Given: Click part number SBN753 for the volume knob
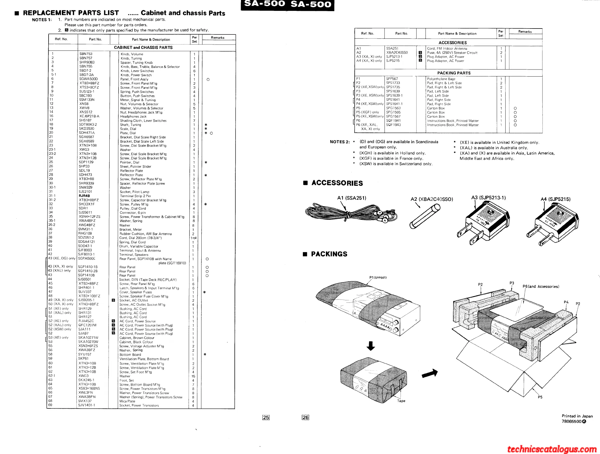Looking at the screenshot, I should coord(86,54).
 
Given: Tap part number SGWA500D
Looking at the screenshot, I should coord(88,79).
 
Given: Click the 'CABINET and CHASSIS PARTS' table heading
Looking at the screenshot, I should coord(143,48).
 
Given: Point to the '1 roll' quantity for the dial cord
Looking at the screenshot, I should coord(194,238).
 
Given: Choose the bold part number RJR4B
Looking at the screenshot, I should coord(84,196).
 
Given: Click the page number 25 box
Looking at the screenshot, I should coord(266,417).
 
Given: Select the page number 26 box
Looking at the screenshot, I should coord(305,417).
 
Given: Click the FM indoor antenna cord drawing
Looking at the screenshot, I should coord(350,213).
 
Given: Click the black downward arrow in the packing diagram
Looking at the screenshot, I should coord(370,346).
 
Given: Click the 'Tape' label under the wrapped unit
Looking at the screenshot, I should coord(401,401).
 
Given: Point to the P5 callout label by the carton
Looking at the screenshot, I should coord(540,397).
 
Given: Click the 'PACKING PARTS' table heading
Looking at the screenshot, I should coord(454,73).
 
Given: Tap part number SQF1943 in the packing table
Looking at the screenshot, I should coord(393,125).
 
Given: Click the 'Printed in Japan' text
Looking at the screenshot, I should coord(577,416).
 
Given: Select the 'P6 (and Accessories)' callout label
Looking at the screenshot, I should coord(541,286).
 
